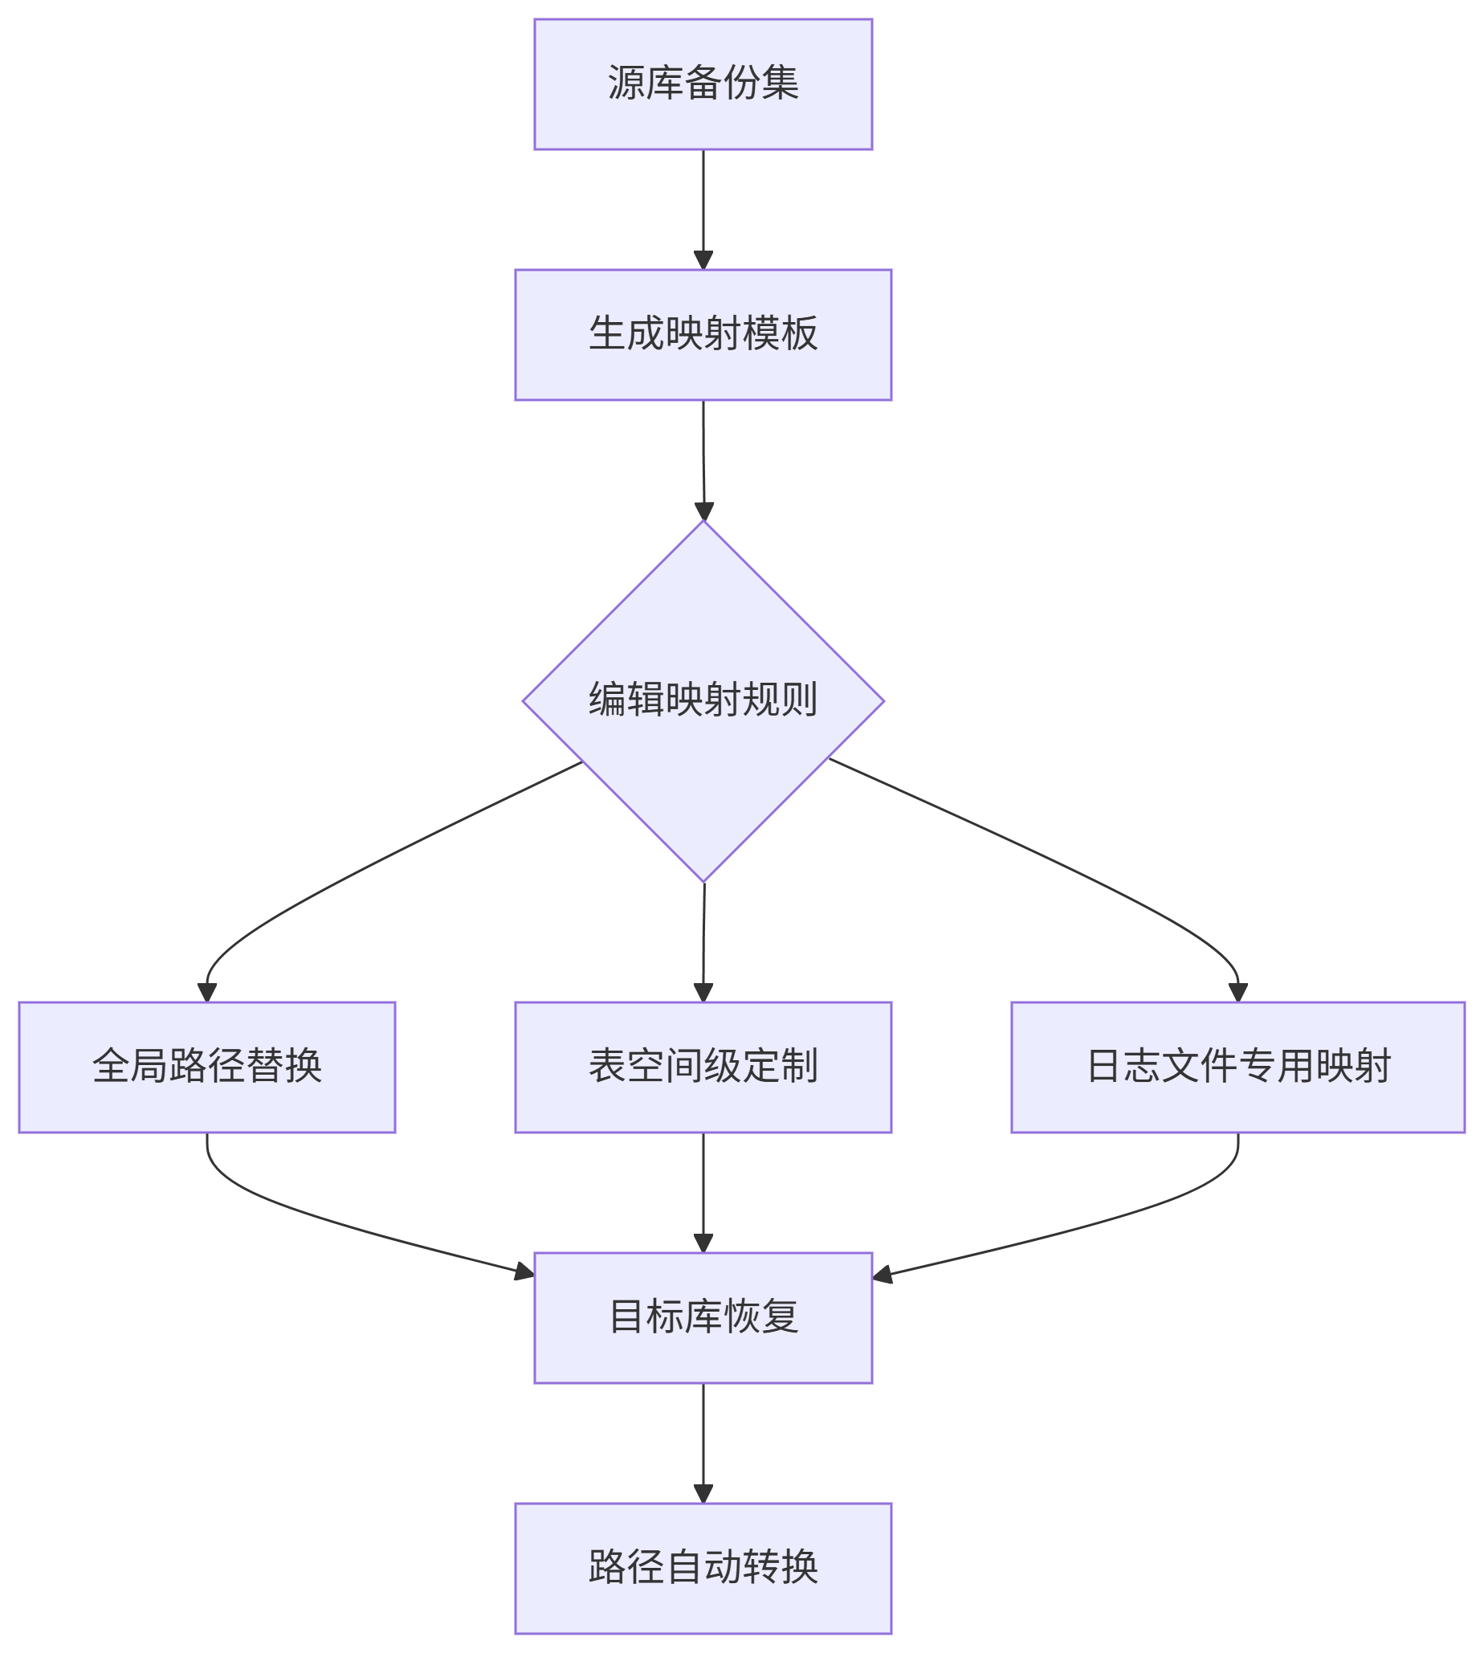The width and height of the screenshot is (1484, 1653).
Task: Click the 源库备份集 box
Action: point(703,84)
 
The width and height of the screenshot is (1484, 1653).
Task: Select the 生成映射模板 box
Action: point(703,334)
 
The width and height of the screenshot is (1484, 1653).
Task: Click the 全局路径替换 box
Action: point(207,1067)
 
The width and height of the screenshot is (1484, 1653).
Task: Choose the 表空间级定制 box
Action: point(703,1067)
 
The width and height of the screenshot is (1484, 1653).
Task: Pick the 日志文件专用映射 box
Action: point(1237,1067)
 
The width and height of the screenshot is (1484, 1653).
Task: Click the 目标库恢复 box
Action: point(703,1317)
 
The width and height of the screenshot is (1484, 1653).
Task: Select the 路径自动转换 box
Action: point(703,1567)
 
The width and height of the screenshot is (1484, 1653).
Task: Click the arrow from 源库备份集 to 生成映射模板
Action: point(703,208)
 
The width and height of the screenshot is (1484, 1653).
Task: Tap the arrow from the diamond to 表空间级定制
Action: point(703,942)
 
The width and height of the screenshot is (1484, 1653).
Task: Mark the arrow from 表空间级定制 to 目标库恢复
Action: point(703,1190)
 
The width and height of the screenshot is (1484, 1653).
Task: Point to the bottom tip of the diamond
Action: point(703,881)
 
